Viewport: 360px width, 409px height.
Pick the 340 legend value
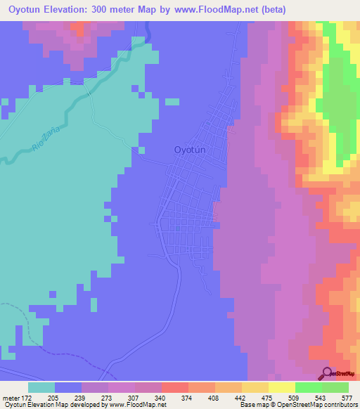click(160, 397)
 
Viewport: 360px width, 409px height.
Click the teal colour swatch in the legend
click(41, 387)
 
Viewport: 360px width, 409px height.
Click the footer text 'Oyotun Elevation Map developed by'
click(51, 405)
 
